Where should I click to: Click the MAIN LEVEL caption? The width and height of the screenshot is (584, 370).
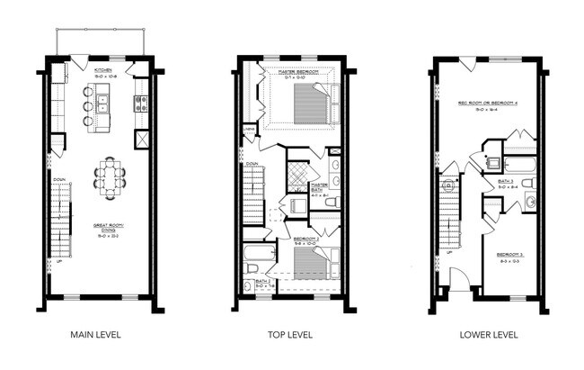pyautogui.click(x=95, y=335)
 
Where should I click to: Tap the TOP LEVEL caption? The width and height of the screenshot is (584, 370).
pyautogui.click(x=289, y=335)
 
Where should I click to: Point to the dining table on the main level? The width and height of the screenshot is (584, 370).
pyautogui.click(x=110, y=176)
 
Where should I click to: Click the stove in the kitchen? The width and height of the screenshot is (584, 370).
pyautogui.click(x=140, y=104)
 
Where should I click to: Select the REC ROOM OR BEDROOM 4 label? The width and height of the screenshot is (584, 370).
pyautogui.click(x=490, y=105)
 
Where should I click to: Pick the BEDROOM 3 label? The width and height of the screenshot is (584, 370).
pyautogui.click(x=510, y=258)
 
